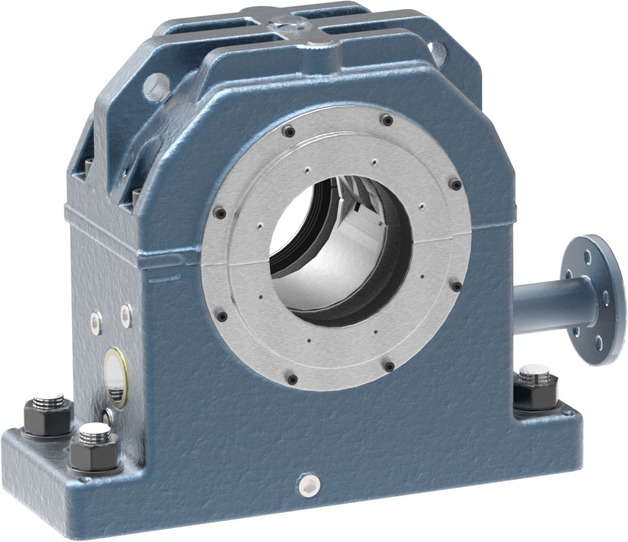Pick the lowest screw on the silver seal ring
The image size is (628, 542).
click(x=293, y=379)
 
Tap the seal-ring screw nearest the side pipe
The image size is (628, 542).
click(x=457, y=286)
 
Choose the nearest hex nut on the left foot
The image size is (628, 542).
click(x=94, y=449)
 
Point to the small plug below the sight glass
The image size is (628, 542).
click(x=107, y=415)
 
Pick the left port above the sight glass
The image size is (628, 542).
click(x=96, y=320)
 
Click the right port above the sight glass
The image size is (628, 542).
click(x=126, y=314)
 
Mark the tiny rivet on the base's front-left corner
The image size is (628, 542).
click(x=85, y=480)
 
